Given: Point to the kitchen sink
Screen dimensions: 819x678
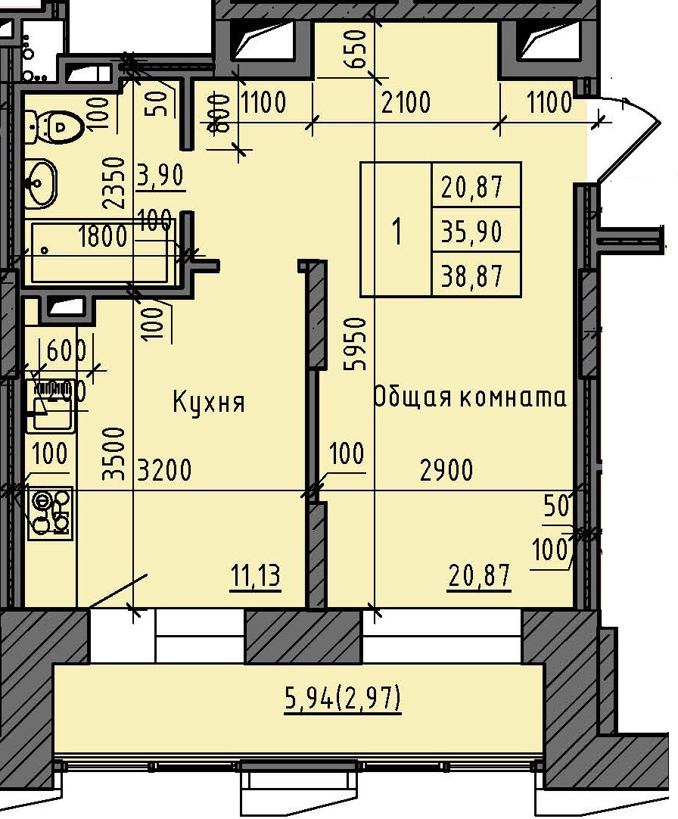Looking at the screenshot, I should coord(51,405).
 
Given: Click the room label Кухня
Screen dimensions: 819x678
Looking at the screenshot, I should coord(209,402).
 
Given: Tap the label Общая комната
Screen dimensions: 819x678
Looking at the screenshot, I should coord(470,397).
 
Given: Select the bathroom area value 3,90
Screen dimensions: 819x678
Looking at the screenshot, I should coord(160,176).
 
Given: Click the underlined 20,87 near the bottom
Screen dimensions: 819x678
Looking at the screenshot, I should coord(479,577).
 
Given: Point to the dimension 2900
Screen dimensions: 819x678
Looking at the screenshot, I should coord(446,470).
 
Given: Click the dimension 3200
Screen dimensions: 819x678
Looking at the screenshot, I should coord(164,470).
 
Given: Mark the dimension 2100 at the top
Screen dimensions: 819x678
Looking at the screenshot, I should coord(406,101).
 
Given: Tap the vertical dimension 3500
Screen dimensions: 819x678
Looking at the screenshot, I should coord(114,453).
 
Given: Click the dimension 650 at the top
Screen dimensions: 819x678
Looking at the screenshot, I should coord(359,50).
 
